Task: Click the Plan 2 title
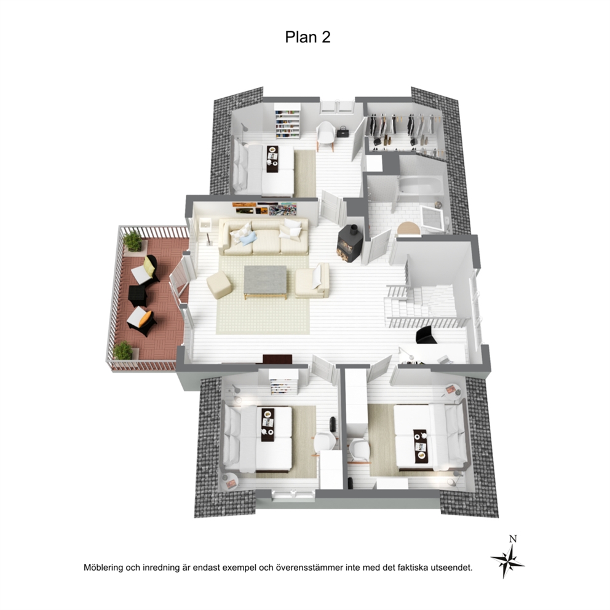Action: click(307, 37)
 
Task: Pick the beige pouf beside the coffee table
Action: click(219, 284)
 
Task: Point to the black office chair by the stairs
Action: click(426, 335)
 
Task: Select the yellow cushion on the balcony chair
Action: click(149, 266)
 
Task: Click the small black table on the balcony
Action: click(137, 296)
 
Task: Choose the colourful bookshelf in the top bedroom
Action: click(287, 124)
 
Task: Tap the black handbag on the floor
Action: click(343, 132)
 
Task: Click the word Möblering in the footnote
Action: click(103, 568)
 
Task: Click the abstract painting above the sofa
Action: click(283, 210)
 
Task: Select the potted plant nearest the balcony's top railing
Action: click(133, 241)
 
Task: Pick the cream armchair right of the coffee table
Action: click(312, 280)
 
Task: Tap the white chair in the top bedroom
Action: click(326, 134)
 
